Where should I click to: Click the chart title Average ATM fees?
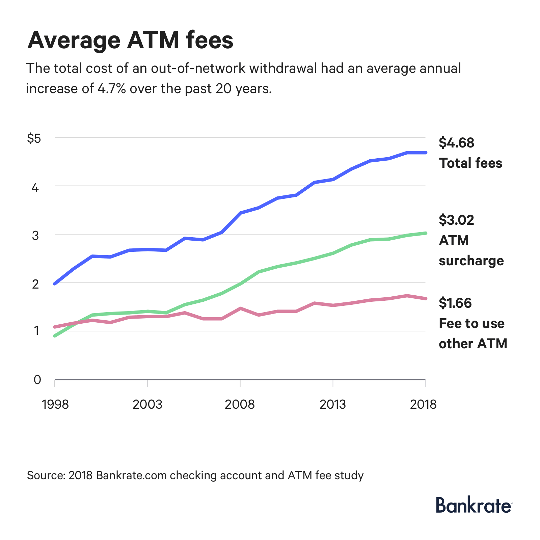coord(130,40)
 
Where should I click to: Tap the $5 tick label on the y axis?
coord(34,138)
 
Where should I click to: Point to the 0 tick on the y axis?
coord(37,380)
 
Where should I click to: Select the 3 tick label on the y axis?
coord(35,235)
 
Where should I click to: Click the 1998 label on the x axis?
coord(55,404)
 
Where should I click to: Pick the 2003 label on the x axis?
coord(147,404)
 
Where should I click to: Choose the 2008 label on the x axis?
coord(240,404)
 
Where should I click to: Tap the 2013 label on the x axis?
coord(333,404)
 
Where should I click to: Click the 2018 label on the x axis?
coord(423,404)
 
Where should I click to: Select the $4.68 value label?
coord(457,143)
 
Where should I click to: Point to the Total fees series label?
coord(470,163)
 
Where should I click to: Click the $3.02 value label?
coord(457,220)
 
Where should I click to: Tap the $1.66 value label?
coord(455,303)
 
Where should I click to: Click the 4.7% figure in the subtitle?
coord(111,89)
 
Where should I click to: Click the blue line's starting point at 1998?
coord(55,283)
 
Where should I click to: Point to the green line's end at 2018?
coord(426,233)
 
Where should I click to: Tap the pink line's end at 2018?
coord(426,298)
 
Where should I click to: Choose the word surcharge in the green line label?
coord(471,261)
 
